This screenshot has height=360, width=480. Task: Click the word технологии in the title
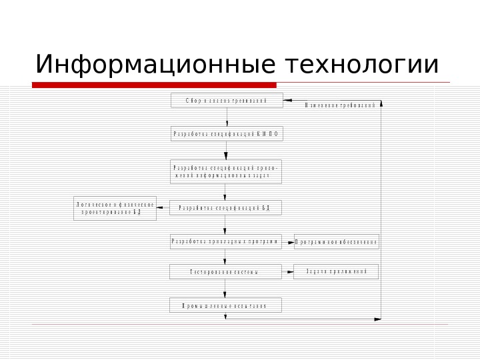point(362,65)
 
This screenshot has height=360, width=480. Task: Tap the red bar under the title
point(154,85)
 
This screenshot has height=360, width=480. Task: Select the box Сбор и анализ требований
point(227,101)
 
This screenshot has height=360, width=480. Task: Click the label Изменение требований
point(340,105)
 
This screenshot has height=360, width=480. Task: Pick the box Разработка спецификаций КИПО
point(227,134)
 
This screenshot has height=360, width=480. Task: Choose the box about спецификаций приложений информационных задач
point(227,171)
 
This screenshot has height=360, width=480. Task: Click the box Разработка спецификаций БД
point(225,208)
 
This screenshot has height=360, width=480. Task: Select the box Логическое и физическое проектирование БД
point(115,208)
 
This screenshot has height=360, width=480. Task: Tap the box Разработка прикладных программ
point(225,241)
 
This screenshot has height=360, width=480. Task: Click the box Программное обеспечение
point(337,242)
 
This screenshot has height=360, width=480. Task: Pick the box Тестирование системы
point(225,272)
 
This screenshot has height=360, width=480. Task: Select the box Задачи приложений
point(336,271)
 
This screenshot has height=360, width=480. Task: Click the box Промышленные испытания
point(225,305)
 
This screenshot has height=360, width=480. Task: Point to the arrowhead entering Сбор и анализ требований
point(287,101)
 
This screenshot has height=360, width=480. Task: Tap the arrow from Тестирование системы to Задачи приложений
point(287,271)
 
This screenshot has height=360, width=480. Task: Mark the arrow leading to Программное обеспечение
point(287,242)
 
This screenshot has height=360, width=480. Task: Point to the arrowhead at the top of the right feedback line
point(381,104)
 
